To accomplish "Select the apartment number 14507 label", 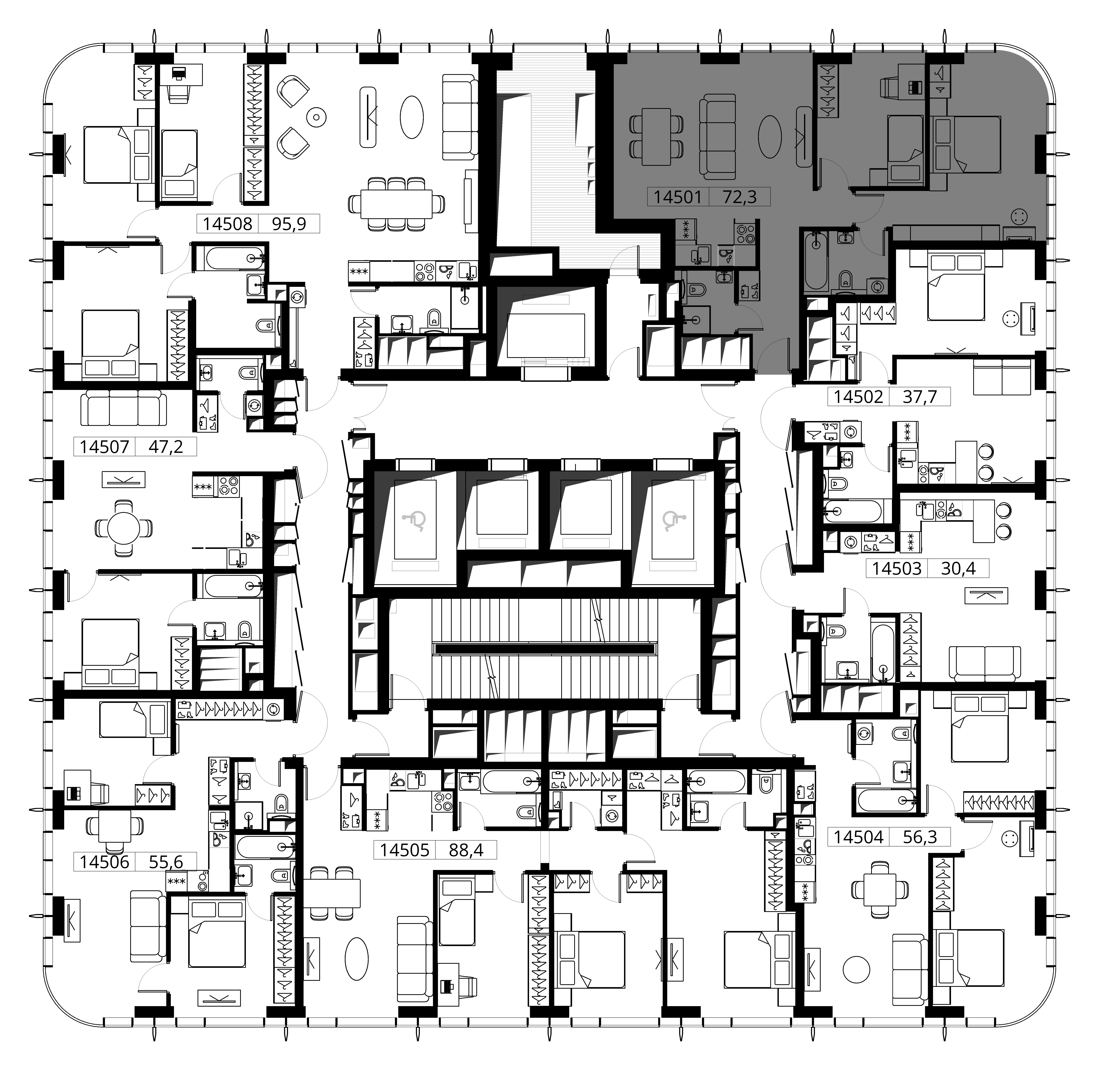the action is point(104,447).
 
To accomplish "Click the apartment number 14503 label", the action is point(897,569).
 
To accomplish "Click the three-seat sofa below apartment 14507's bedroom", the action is point(124,408).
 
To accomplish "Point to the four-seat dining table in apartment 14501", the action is point(657,137).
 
